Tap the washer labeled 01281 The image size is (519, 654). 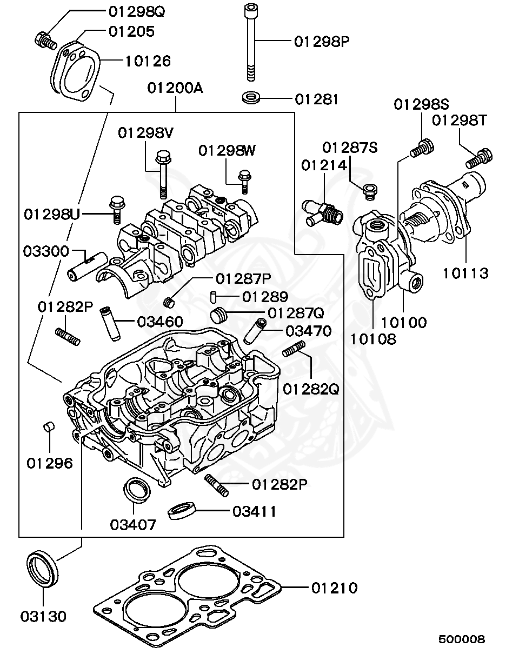[251, 98]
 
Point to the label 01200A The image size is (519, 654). [176, 88]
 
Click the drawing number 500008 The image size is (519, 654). [462, 639]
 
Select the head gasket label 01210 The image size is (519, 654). [334, 588]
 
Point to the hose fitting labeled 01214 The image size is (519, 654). [322, 212]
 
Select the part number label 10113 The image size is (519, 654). [465, 273]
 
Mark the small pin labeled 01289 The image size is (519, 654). [214, 297]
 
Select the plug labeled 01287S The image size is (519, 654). [371, 190]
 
